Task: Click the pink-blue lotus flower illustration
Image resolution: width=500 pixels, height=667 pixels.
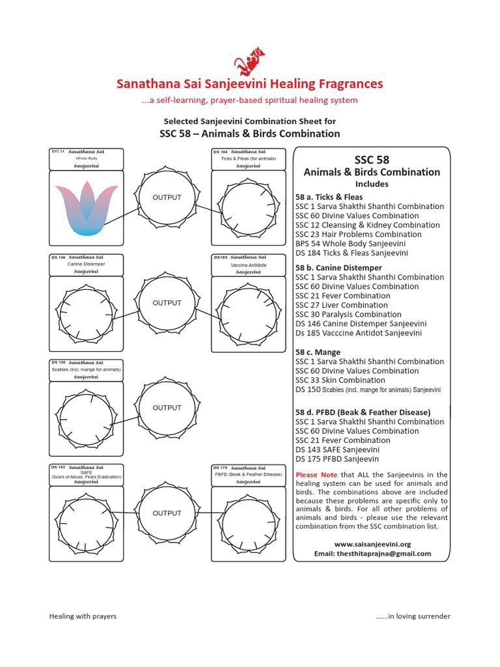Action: pyautogui.click(x=86, y=208)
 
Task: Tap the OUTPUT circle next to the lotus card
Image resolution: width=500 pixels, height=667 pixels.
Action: pyautogui.click(x=167, y=197)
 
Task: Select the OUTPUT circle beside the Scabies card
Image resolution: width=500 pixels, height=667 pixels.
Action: pyautogui.click(x=167, y=408)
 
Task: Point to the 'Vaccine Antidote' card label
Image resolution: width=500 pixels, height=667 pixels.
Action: pyautogui.click(x=248, y=265)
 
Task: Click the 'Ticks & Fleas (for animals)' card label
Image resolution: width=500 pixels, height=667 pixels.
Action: pyautogui.click(x=248, y=158)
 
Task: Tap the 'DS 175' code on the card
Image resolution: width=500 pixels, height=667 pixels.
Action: pyautogui.click(x=220, y=468)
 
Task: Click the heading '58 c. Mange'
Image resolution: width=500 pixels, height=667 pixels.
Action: pyautogui.click(x=318, y=352)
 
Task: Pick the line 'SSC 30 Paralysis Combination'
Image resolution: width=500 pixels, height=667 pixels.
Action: pyautogui.click(x=348, y=314)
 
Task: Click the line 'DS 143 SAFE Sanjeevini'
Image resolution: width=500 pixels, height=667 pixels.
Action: pyautogui.click(x=338, y=449)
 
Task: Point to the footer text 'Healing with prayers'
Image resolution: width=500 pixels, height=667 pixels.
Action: pyautogui.click(x=83, y=616)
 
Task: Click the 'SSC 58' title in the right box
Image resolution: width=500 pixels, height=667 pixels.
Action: pyautogui.click(x=372, y=160)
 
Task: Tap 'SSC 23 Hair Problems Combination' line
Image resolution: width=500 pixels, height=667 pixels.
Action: pyautogui.click(x=358, y=234)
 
